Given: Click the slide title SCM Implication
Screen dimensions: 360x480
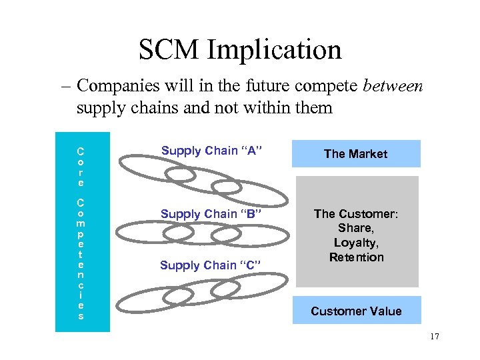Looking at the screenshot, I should click(x=240, y=49).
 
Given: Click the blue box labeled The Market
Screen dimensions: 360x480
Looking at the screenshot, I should click(x=355, y=153).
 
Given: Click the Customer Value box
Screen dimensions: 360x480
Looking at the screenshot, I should click(x=356, y=311).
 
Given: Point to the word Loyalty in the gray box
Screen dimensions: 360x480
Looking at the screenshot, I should click(x=356, y=243).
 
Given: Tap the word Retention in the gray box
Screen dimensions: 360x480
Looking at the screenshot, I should click(x=356, y=257).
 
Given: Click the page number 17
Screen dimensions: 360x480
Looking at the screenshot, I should click(x=435, y=337).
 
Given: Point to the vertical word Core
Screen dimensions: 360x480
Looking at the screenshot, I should click(x=81, y=167).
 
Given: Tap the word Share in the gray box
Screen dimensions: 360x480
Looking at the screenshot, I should click(x=355, y=229).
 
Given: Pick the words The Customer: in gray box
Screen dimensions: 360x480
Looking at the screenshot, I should click(x=356, y=214).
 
